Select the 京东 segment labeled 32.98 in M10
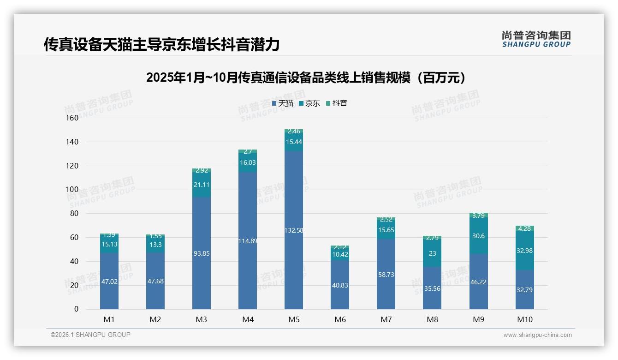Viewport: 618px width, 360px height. point(524,251)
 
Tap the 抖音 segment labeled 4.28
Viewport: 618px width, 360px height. point(524,228)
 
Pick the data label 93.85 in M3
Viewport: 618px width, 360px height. point(202,253)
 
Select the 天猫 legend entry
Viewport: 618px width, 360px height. point(283,103)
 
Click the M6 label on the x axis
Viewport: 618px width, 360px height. point(340,319)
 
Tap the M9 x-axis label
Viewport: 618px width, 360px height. point(478,319)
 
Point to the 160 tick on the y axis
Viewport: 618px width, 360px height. point(72,118)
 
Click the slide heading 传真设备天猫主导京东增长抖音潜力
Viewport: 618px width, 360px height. point(161,45)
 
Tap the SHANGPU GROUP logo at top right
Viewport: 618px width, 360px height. point(536,39)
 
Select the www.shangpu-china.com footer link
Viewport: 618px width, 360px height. point(537,335)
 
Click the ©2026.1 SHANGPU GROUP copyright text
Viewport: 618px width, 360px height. point(90,335)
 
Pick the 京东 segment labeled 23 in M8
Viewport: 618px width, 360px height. point(432,253)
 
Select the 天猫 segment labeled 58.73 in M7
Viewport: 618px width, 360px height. point(386,275)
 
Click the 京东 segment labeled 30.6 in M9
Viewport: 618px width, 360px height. point(478,236)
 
